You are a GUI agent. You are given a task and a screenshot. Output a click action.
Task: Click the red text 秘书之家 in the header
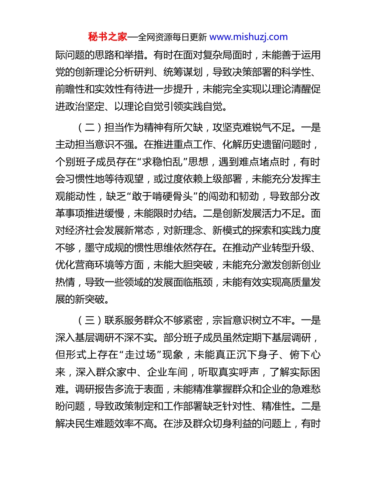[x=108, y=37]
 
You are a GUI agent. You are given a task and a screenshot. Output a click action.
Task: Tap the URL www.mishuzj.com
[x=249, y=37]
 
